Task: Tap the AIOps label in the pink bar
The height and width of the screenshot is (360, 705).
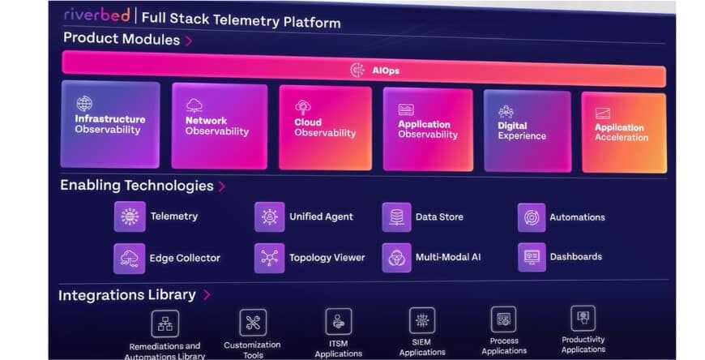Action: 386,71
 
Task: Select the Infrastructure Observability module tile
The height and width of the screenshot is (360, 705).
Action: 110,123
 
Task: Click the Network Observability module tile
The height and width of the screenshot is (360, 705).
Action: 218,126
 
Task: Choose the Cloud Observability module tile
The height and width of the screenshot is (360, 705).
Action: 325,127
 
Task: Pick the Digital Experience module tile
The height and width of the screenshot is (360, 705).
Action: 526,130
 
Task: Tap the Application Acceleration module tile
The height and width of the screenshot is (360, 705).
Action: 622,132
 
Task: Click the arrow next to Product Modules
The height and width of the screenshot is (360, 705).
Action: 189,40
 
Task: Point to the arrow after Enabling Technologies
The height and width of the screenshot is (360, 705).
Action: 222,186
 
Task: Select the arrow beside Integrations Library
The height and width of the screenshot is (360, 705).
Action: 207,295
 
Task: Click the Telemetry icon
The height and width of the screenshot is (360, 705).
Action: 130,216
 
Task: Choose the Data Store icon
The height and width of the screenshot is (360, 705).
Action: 396,217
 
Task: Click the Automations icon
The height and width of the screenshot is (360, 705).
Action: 532,217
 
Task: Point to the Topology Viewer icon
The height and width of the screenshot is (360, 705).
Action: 269,258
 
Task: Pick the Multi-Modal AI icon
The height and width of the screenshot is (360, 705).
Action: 396,257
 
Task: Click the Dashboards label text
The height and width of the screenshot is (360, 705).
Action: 575,257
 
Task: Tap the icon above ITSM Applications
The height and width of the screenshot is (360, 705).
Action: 338,321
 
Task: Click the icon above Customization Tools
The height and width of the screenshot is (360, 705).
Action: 253,322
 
